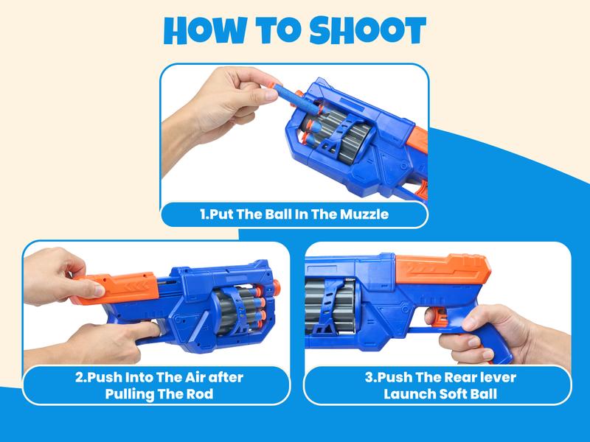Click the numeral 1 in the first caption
click(x=203, y=215)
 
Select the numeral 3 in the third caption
click(x=369, y=377)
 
